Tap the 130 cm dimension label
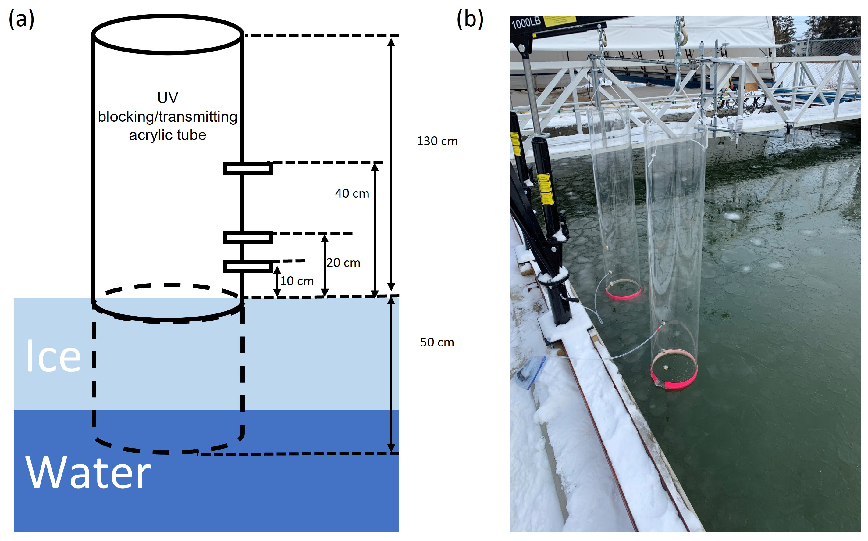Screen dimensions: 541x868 coord(437,141)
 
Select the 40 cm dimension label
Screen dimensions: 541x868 coord(352,194)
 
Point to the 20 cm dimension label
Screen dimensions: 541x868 coord(343,263)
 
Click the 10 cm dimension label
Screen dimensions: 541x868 coord(297,281)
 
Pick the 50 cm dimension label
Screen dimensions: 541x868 coord(437,342)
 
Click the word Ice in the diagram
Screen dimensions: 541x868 coord(54,356)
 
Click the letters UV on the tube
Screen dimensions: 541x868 coord(167,98)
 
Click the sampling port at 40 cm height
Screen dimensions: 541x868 coord(248,168)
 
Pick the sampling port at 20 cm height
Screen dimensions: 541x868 coord(248,238)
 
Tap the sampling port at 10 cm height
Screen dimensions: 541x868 coord(248,266)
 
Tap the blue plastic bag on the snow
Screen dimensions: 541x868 coord(530,372)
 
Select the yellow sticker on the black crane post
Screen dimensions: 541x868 coord(546,188)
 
